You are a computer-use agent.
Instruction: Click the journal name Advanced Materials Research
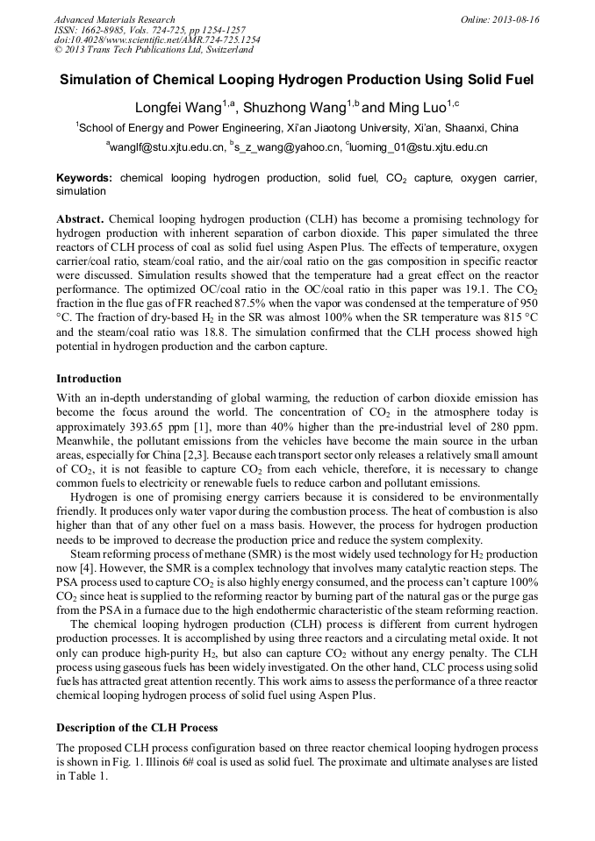point(114,19)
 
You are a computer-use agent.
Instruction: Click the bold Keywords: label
point(84,178)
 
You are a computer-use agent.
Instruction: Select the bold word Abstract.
point(81,217)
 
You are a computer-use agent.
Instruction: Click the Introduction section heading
point(89,379)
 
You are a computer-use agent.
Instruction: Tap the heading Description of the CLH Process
point(137,728)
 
